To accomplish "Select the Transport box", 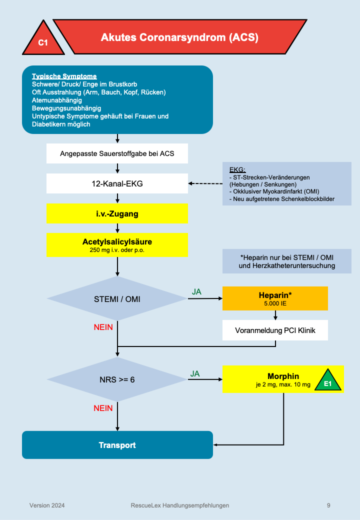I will (117, 445).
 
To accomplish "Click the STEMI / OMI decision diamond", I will (117, 299).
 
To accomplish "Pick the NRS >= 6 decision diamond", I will (117, 379).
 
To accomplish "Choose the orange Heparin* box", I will (275, 298).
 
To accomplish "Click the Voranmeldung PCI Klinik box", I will (275, 330).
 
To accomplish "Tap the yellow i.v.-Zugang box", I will (117, 214).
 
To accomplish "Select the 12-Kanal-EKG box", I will (117, 183).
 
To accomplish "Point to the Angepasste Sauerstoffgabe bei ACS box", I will (117, 153).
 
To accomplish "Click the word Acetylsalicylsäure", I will (117, 242).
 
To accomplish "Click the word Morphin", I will (283, 376).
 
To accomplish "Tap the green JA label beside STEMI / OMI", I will (196, 291).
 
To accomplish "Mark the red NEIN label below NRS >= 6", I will (103, 408).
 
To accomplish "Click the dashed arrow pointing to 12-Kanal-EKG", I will (205, 183).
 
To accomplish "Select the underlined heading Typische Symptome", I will (64, 76).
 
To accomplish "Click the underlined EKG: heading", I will (237, 169).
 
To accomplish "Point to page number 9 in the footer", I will (328, 505).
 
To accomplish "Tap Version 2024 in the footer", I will (46, 505).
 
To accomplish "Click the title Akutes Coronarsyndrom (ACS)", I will (179, 37).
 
